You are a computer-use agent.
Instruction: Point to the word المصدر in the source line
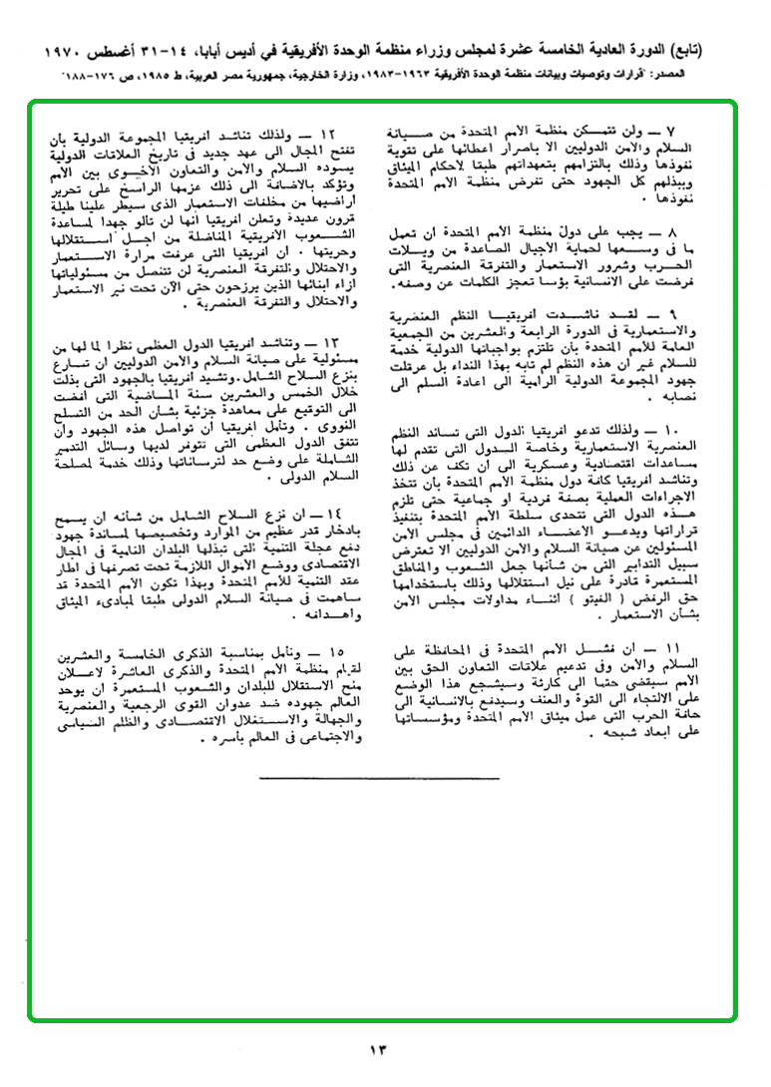(694, 76)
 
